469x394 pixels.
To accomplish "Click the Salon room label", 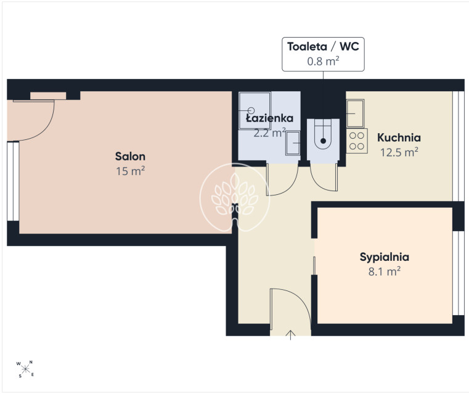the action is (130, 156).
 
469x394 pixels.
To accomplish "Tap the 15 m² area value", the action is (131, 171).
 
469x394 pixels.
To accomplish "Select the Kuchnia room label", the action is (399, 137).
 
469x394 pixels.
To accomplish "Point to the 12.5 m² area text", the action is (399, 152).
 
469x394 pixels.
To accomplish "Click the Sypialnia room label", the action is (385, 257).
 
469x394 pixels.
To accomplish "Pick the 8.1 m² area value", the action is (385, 272).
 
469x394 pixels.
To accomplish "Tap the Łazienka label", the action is (269, 118).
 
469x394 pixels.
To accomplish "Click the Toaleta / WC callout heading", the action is (323, 46).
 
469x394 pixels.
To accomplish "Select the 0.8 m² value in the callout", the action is (323, 61).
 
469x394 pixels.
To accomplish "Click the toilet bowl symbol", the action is (323, 134).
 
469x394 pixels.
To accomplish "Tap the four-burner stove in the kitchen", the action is (357, 141).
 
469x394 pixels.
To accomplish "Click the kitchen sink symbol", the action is (356, 113).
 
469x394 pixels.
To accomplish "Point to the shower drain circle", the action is (251, 111).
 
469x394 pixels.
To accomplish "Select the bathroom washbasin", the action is (293, 143).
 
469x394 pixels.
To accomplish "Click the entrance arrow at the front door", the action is (290, 335).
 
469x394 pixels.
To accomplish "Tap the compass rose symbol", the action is (25, 369).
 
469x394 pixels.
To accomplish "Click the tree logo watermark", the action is (235, 197).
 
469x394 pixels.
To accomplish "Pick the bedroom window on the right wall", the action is (459, 273).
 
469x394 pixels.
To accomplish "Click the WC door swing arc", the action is (320, 183).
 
